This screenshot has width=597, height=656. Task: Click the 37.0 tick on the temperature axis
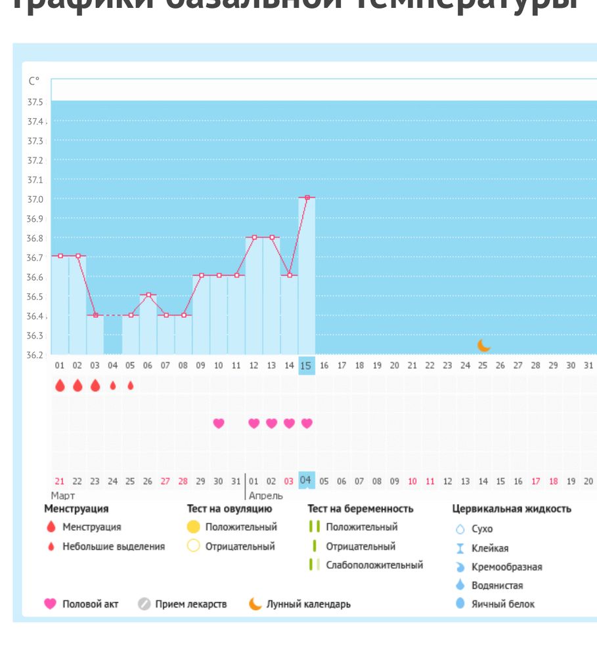pos(35,199)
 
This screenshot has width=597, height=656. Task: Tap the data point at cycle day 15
pos(307,197)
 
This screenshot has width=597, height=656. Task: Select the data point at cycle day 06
pos(148,295)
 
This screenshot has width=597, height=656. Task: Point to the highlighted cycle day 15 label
pos(306,365)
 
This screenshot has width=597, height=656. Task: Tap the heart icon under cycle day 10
pos(219,424)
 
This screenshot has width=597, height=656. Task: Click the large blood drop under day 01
pos(60,386)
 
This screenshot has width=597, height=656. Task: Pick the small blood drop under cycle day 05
pos(131,386)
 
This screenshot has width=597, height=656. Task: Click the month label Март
pos(63,497)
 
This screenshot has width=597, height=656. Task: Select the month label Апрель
pos(265,497)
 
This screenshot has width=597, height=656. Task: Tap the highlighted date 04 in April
pos(306,480)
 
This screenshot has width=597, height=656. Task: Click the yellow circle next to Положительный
pos(193,527)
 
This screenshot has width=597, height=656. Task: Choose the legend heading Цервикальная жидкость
pos(512,508)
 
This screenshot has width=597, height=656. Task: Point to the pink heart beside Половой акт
pos(50,604)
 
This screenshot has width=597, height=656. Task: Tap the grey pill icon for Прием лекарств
pos(144,604)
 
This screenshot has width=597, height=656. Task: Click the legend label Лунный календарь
pos(308,604)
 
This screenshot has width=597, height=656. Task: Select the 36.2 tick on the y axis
pos(35,356)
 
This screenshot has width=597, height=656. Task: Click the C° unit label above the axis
pos(34,81)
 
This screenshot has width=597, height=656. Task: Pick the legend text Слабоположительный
pos(374,565)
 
